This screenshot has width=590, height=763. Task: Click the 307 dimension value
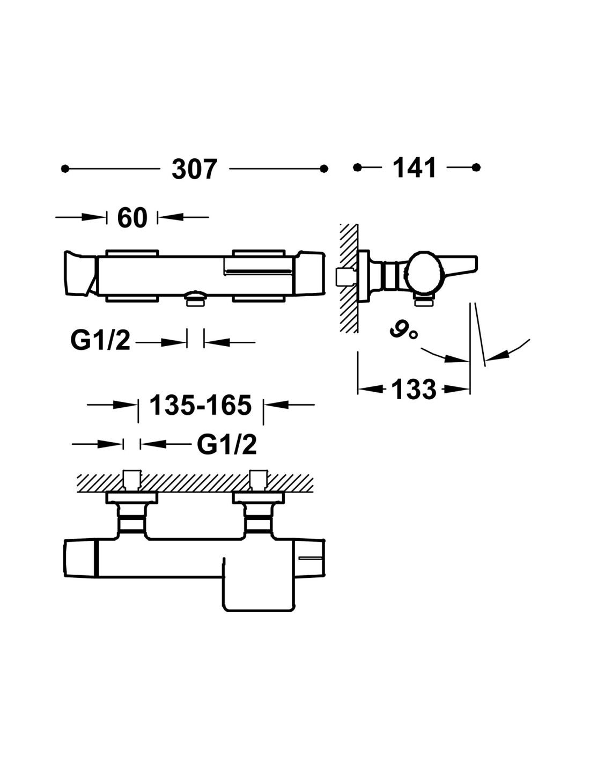click(x=195, y=169)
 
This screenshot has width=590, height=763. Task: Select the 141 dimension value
click(x=415, y=168)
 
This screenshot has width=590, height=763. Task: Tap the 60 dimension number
click(x=132, y=218)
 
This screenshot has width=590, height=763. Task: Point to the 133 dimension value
click(x=414, y=390)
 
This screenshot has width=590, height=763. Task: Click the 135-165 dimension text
click(x=200, y=405)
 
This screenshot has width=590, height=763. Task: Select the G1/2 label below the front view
click(x=100, y=341)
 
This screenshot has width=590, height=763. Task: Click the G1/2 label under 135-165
click(x=227, y=444)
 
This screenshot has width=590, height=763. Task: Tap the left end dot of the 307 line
click(x=65, y=169)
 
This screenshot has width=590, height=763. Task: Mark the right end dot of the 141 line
click(x=476, y=167)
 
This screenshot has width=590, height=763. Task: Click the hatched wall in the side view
click(x=349, y=279)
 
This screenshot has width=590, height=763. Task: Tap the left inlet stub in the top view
click(x=132, y=479)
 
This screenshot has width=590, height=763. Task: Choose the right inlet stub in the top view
click(x=259, y=479)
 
